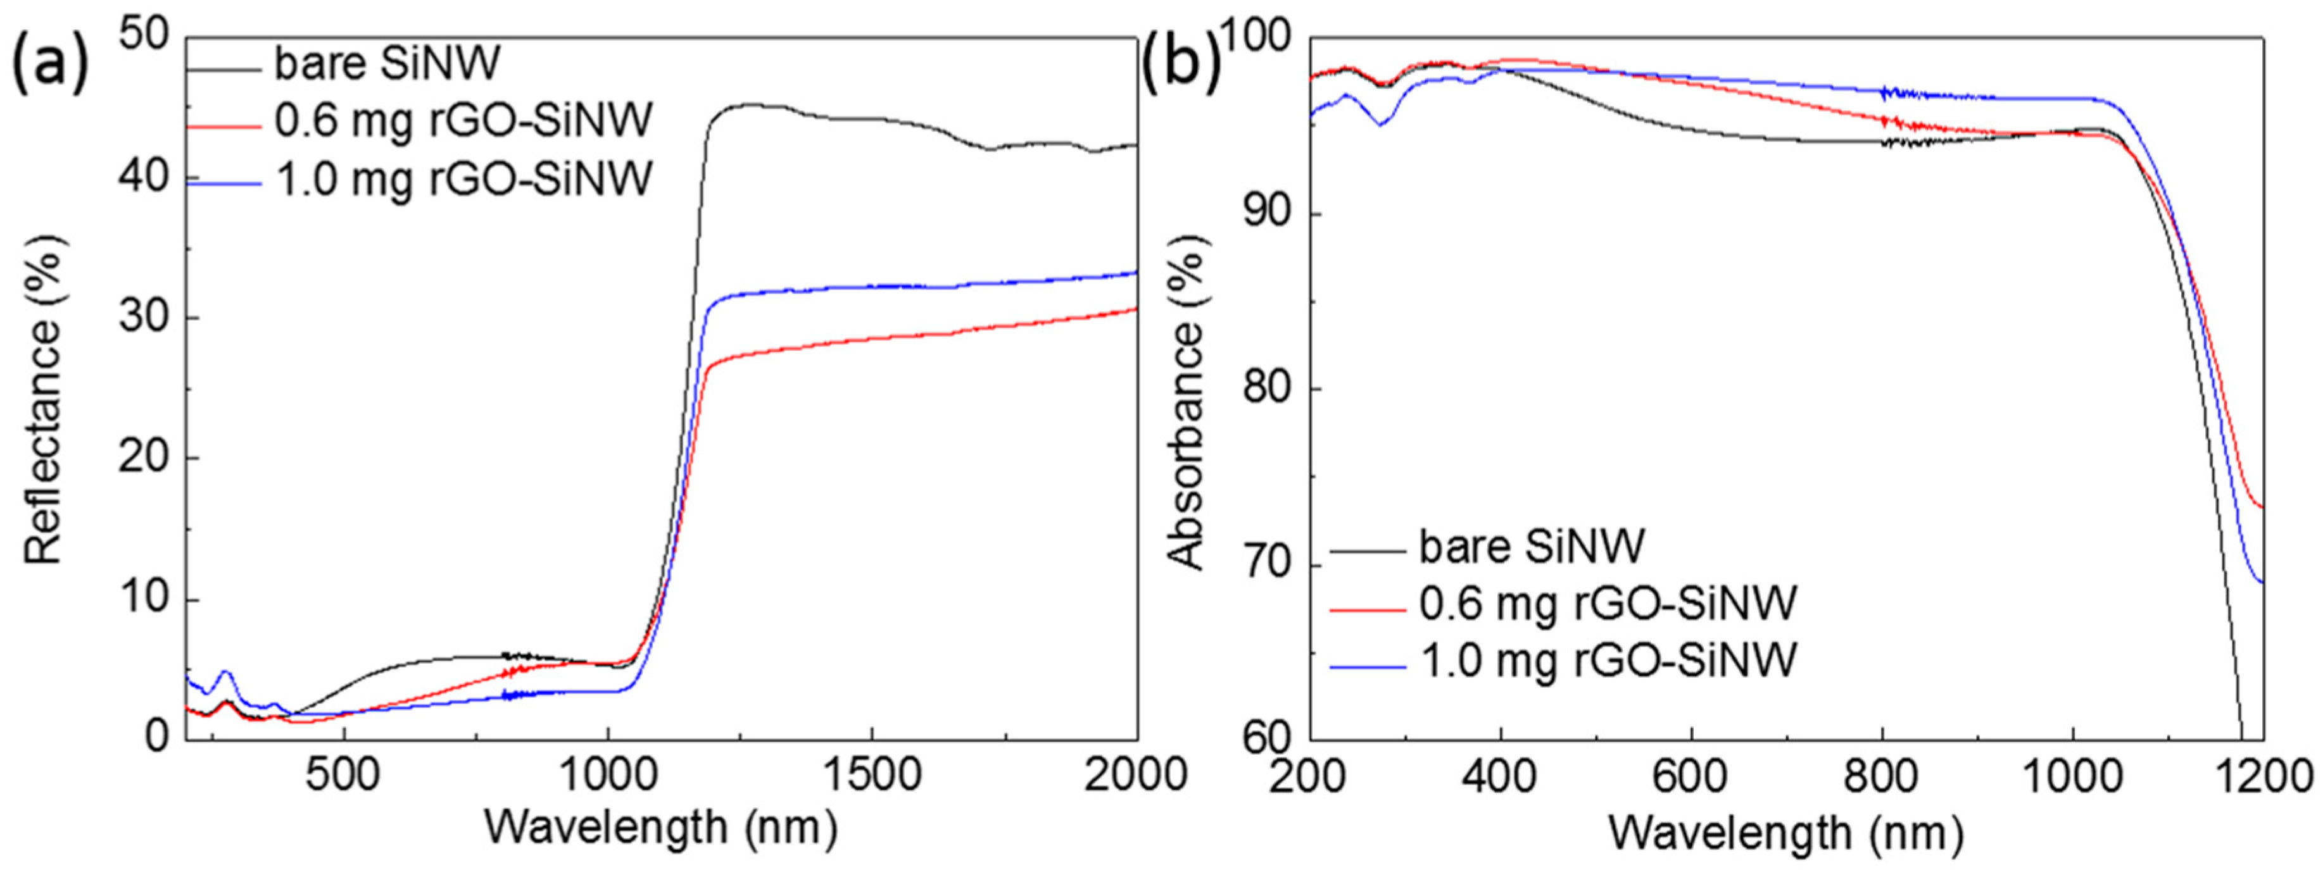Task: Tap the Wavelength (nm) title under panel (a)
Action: point(661,827)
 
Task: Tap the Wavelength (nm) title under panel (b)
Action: point(1785,833)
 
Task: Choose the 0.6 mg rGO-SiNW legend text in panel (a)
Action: point(462,121)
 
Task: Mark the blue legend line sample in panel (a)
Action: point(223,183)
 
